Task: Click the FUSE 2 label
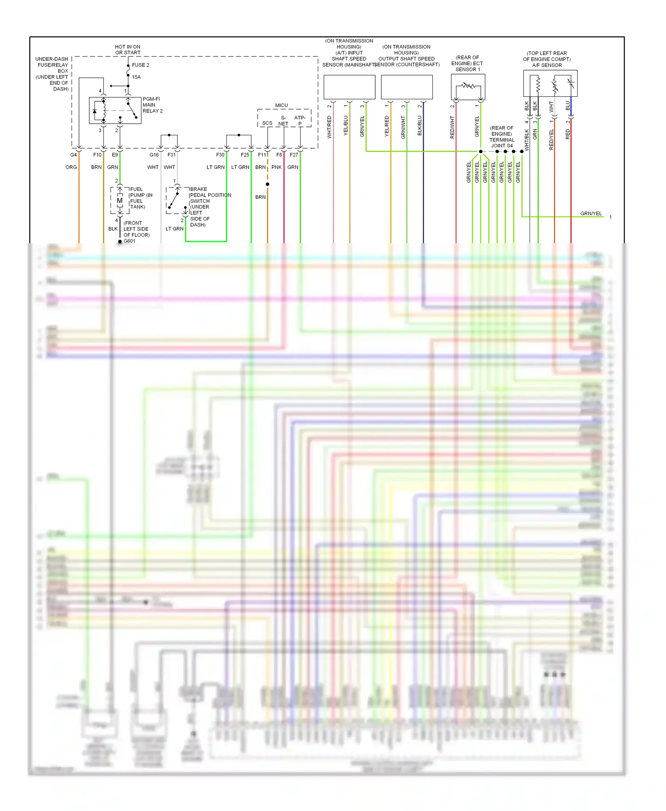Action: tap(140, 65)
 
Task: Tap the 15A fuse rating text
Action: tap(136, 77)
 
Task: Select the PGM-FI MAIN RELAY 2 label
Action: tap(152, 105)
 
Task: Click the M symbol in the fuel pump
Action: tap(119, 201)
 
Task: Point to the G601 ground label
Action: tap(129, 241)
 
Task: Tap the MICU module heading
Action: tap(281, 106)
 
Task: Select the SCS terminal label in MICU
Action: tap(267, 123)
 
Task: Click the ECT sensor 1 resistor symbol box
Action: tap(468, 87)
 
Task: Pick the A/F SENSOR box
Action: tap(550, 83)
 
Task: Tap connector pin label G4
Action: tap(74, 155)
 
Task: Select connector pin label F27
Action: tap(294, 155)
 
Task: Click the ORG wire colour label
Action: tap(71, 167)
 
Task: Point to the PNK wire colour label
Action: tap(277, 167)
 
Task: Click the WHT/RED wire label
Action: tap(329, 127)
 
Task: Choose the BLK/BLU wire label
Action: tap(420, 126)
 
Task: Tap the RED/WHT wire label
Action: tap(452, 127)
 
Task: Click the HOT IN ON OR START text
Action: tap(127, 50)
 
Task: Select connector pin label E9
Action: tap(115, 155)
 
